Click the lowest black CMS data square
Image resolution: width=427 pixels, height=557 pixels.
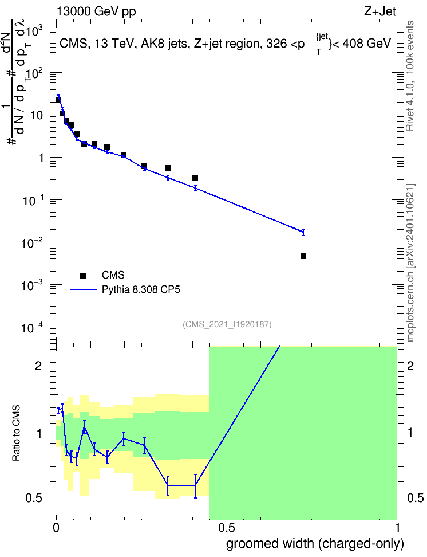coord(303,256)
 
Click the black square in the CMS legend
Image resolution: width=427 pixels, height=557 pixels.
coord(83,275)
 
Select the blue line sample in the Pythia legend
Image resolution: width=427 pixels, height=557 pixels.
coord(83,290)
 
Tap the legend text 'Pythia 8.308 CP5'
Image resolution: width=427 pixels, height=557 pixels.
coord(141,290)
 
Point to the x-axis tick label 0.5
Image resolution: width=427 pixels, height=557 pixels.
coord(227,528)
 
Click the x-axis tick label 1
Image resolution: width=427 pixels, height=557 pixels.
coord(397,528)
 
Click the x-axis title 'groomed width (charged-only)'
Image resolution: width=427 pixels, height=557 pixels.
coord(315,544)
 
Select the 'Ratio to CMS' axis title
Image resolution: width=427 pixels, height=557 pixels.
coord(16,433)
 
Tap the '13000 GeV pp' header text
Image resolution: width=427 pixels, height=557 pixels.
coord(96,11)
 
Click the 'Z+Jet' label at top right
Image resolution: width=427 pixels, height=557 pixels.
coord(380,11)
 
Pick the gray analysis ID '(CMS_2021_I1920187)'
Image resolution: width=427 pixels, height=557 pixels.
coord(227,324)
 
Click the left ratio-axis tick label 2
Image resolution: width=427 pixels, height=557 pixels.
coord(39,366)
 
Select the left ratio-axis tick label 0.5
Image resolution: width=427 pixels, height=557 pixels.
coord(34,499)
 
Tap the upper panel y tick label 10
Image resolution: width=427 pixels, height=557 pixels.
coord(36,115)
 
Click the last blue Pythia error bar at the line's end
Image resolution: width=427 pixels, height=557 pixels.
coord(303,232)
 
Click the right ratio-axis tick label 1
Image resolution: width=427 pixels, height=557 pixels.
coord(410,433)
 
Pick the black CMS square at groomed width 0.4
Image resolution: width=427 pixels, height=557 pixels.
coord(195,178)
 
